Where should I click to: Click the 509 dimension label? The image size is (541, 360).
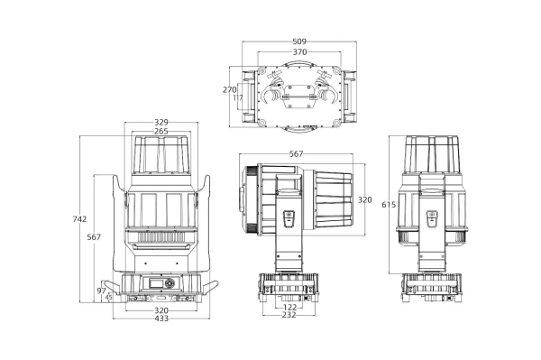coord(299,42)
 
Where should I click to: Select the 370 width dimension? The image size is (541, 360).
coord(299,52)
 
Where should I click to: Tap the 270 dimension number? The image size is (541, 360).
coord(229,89)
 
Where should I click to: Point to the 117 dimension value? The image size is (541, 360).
coord(238,97)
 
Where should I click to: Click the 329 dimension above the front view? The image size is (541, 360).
coord(161,122)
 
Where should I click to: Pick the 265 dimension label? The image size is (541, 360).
coord(161,132)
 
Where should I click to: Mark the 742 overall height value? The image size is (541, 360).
coord(79,219)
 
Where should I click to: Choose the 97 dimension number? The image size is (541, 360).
coord(101,291)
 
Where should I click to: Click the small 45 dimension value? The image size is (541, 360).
coord(109,297)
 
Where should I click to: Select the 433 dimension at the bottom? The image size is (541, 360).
coord(161,318)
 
